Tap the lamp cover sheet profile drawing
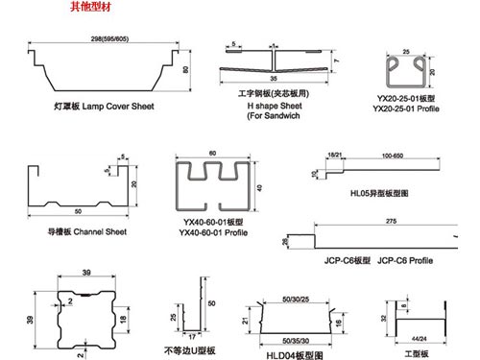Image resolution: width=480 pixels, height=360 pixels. tap(99, 70)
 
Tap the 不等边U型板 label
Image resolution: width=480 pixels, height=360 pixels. tap(192, 350)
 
